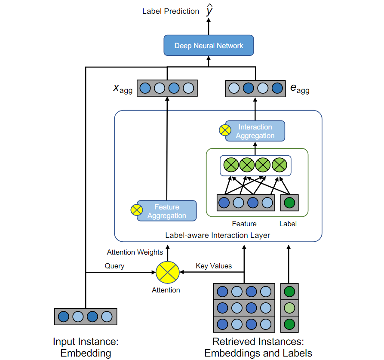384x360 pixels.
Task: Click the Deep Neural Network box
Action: (x=209, y=46)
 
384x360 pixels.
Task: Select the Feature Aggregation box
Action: (x=167, y=211)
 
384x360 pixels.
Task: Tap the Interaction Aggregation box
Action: (x=255, y=131)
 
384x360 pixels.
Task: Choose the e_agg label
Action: (x=300, y=89)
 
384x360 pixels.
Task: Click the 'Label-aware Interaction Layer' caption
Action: (x=218, y=235)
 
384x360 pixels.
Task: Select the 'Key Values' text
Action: (x=214, y=266)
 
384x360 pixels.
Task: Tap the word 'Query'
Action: (x=114, y=266)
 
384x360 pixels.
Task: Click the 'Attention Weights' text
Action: (x=135, y=252)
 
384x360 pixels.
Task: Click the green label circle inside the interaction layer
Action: (x=289, y=202)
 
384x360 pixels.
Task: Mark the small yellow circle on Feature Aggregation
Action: (x=136, y=210)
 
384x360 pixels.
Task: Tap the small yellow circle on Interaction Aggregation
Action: (x=225, y=130)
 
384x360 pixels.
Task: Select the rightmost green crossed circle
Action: (x=280, y=165)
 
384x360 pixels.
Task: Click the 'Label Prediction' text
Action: (x=171, y=11)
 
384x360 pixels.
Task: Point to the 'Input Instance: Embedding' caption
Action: (x=86, y=348)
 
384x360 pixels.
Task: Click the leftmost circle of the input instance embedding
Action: (x=64, y=317)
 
